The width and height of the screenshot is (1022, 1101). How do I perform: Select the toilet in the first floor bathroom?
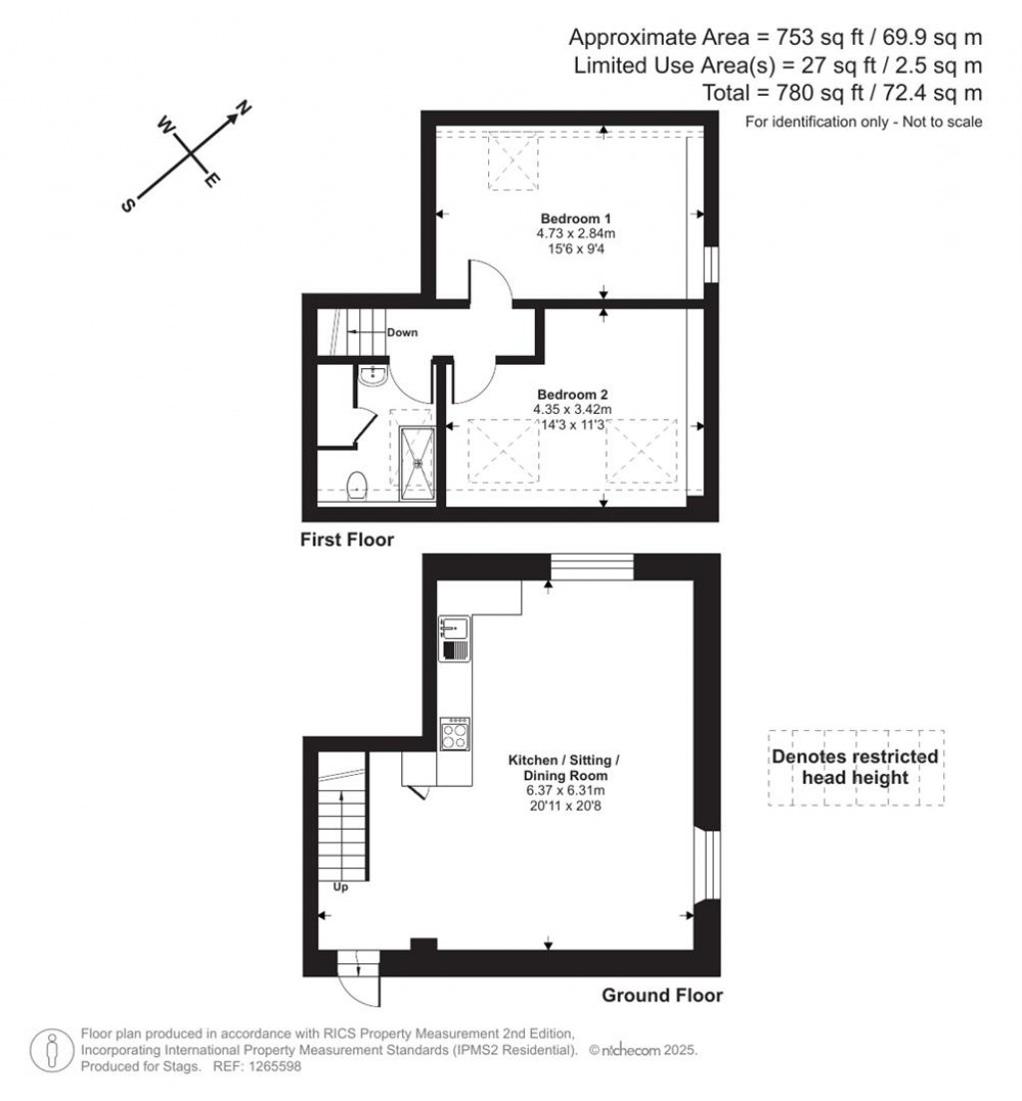357,486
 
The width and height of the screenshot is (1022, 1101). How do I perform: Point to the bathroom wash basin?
371,376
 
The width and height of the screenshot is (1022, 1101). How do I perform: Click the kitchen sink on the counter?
455,628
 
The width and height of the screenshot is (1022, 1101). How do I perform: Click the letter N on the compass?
243,109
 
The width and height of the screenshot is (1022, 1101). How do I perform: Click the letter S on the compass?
128,204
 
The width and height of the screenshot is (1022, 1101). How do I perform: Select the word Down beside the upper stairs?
402,332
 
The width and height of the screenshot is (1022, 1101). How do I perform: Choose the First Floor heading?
347,541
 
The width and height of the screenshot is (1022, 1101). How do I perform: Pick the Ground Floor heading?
662,994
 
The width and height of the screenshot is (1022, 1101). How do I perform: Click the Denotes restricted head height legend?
855,767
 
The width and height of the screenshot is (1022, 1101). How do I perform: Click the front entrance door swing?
357,986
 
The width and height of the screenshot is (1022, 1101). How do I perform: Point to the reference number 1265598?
271,1066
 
